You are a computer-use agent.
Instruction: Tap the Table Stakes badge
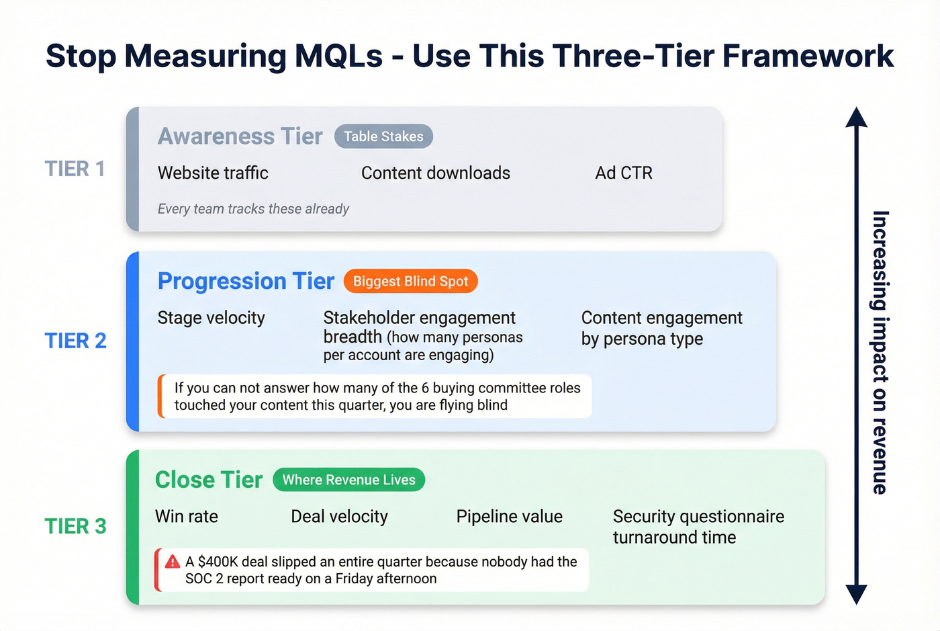(383, 136)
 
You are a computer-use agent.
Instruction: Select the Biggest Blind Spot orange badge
(410, 282)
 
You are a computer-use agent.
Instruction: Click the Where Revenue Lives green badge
(348, 480)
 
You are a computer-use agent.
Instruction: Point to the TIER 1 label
(75, 169)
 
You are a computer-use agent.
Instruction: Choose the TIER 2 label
(76, 341)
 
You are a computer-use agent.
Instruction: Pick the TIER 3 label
(76, 526)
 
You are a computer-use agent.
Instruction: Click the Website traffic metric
(213, 173)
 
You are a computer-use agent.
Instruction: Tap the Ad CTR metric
(623, 173)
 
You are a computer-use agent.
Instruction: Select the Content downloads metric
(435, 173)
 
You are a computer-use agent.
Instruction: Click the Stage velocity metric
(211, 318)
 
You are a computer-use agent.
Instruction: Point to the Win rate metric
(187, 517)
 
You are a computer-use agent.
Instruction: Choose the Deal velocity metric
(339, 517)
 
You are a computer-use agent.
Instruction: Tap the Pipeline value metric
(509, 517)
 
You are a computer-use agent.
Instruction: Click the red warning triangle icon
(173, 562)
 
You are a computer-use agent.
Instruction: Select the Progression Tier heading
(246, 281)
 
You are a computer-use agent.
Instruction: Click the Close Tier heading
(209, 480)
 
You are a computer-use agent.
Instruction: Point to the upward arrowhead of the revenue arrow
(856, 118)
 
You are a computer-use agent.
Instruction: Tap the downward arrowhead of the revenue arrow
(856, 594)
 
